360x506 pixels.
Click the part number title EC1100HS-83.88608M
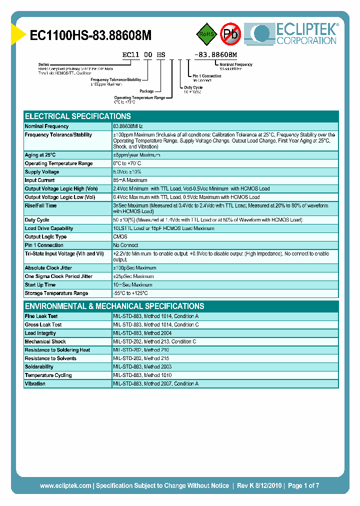[x=90, y=35]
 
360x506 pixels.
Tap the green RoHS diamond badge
[x=206, y=34]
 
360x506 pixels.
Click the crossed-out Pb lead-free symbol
[x=231, y=34]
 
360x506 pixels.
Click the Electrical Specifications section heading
[x=78, y=116]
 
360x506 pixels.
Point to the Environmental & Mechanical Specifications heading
[x=114, y=306]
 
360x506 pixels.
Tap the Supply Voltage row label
[x=42, y=172]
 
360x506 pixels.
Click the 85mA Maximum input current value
[x=130, y=180]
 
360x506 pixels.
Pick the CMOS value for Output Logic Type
[x=120, y=237]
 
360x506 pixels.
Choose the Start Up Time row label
[x=40, y=285]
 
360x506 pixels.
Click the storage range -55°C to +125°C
[x=130, y=293]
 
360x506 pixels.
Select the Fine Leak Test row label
[x=41, y=316]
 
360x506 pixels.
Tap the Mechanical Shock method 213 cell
[x=154, y=342]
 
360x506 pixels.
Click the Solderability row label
[x=39, y=367]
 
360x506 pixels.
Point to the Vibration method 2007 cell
[x=155, y=384]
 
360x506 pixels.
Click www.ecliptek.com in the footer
[x=65, y=485]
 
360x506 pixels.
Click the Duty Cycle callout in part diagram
[x=193, y=87]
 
